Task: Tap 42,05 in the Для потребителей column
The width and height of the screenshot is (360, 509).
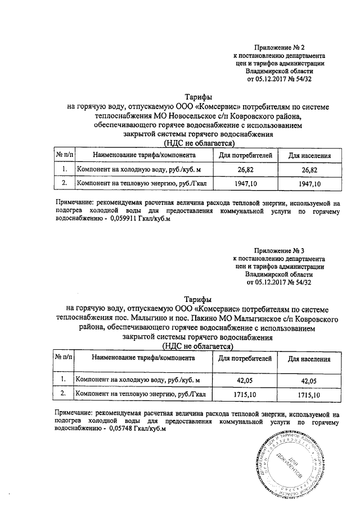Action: (245, 381)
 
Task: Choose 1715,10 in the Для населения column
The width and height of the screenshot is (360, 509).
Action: (309, 395)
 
